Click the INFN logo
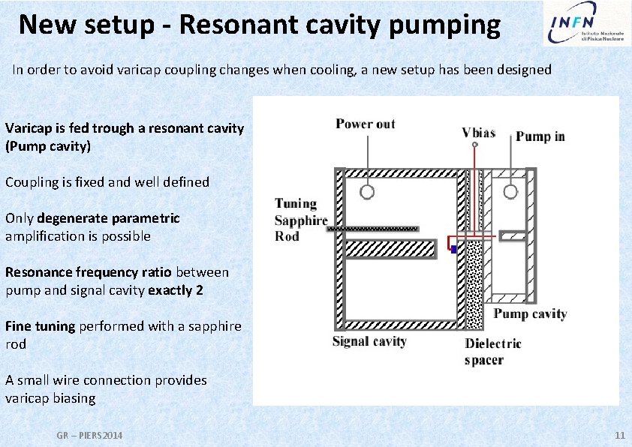[585, 24]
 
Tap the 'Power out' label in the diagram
[365, 124]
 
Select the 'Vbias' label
[478, 133]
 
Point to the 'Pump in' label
[540, 136]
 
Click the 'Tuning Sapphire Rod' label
[300, 220]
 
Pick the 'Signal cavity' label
[369, 341]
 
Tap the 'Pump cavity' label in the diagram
[529, 313]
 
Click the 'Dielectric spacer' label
[492, 352]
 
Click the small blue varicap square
[454, 250]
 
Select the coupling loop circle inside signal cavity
[367, 191]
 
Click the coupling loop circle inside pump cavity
[510, 191]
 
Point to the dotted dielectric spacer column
[474, 285]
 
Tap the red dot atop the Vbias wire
[474, 143]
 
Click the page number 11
[619, 436]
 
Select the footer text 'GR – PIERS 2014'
[90, 436]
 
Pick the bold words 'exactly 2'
[176, 290]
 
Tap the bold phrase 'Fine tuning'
[40, 326]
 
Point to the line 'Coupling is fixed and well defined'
[107, 182]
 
